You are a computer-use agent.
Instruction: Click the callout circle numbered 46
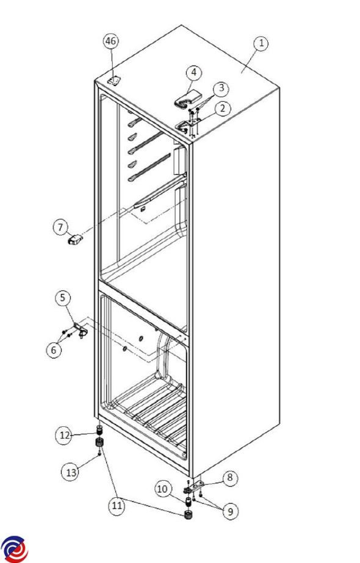tap(110, 41)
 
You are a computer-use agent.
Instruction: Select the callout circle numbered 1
tap(261, 43)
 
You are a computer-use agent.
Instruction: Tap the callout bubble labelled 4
tap(193, 73)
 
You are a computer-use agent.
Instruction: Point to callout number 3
tap(221, 88)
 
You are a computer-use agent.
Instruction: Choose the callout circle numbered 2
tap(222, 108)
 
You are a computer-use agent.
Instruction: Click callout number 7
tap(60, 228)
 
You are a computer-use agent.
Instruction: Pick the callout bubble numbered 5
tap(63, 298)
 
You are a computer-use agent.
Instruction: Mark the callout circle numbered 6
tap(54, 350)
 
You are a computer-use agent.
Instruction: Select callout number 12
tap(64, 436)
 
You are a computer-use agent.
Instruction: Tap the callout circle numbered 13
tap(71, 472)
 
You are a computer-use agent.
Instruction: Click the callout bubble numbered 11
tap(117, 506)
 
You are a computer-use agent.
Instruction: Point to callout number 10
tap(162, 489)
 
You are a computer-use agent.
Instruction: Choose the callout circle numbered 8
tap(230, 478)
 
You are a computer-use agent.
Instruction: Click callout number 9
tap(230, 511)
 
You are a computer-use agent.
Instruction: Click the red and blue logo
tap(15, 550)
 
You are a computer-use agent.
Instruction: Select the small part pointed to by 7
tap(74, 240)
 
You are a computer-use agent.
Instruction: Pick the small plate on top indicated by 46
tap(114, 81)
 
